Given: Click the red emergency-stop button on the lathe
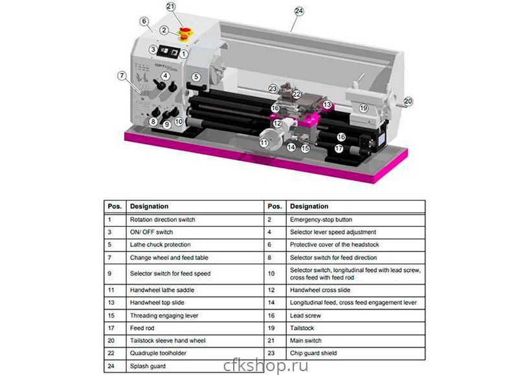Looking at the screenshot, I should click(185, 32).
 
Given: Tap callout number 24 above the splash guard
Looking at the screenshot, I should click(299, 11).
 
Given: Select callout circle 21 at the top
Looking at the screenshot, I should click(171, 6).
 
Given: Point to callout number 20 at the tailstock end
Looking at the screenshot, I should click(408, 100).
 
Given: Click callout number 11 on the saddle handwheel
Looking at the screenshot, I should click(264, 142).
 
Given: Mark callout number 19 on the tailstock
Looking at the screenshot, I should click(363, 107).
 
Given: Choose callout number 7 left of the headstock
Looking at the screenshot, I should click(121, 76).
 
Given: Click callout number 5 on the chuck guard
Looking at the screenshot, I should click(196, 77).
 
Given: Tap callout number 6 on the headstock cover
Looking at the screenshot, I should click(144, 21).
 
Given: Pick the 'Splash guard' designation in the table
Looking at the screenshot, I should click(147, 366).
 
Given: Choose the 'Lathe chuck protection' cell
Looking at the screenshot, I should click(161, 244).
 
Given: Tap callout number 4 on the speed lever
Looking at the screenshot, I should click(166, 76).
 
